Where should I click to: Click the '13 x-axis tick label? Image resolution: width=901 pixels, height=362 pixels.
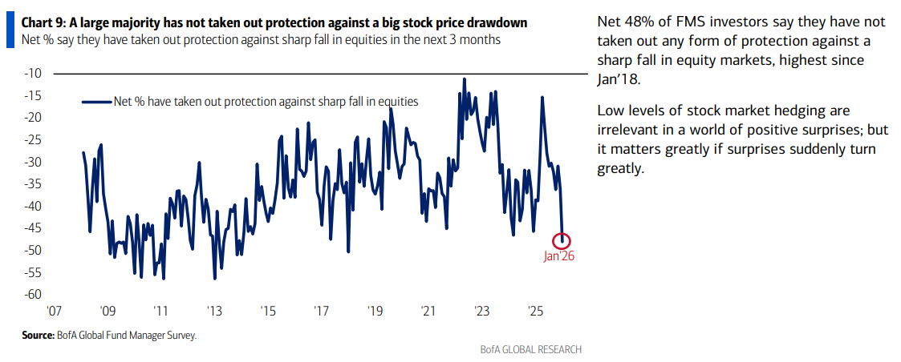point(214,311)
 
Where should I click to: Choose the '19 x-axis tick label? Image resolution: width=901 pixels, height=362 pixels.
point(375,311)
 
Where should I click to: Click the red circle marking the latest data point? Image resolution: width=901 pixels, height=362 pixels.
point(562,240)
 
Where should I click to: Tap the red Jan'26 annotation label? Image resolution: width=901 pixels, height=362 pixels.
point(560,257)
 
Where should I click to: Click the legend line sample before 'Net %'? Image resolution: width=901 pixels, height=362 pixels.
point(96,102)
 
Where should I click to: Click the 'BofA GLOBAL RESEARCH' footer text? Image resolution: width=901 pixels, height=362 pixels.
point(530,350)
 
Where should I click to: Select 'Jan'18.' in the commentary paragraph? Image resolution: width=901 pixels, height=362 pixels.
point(618,80)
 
